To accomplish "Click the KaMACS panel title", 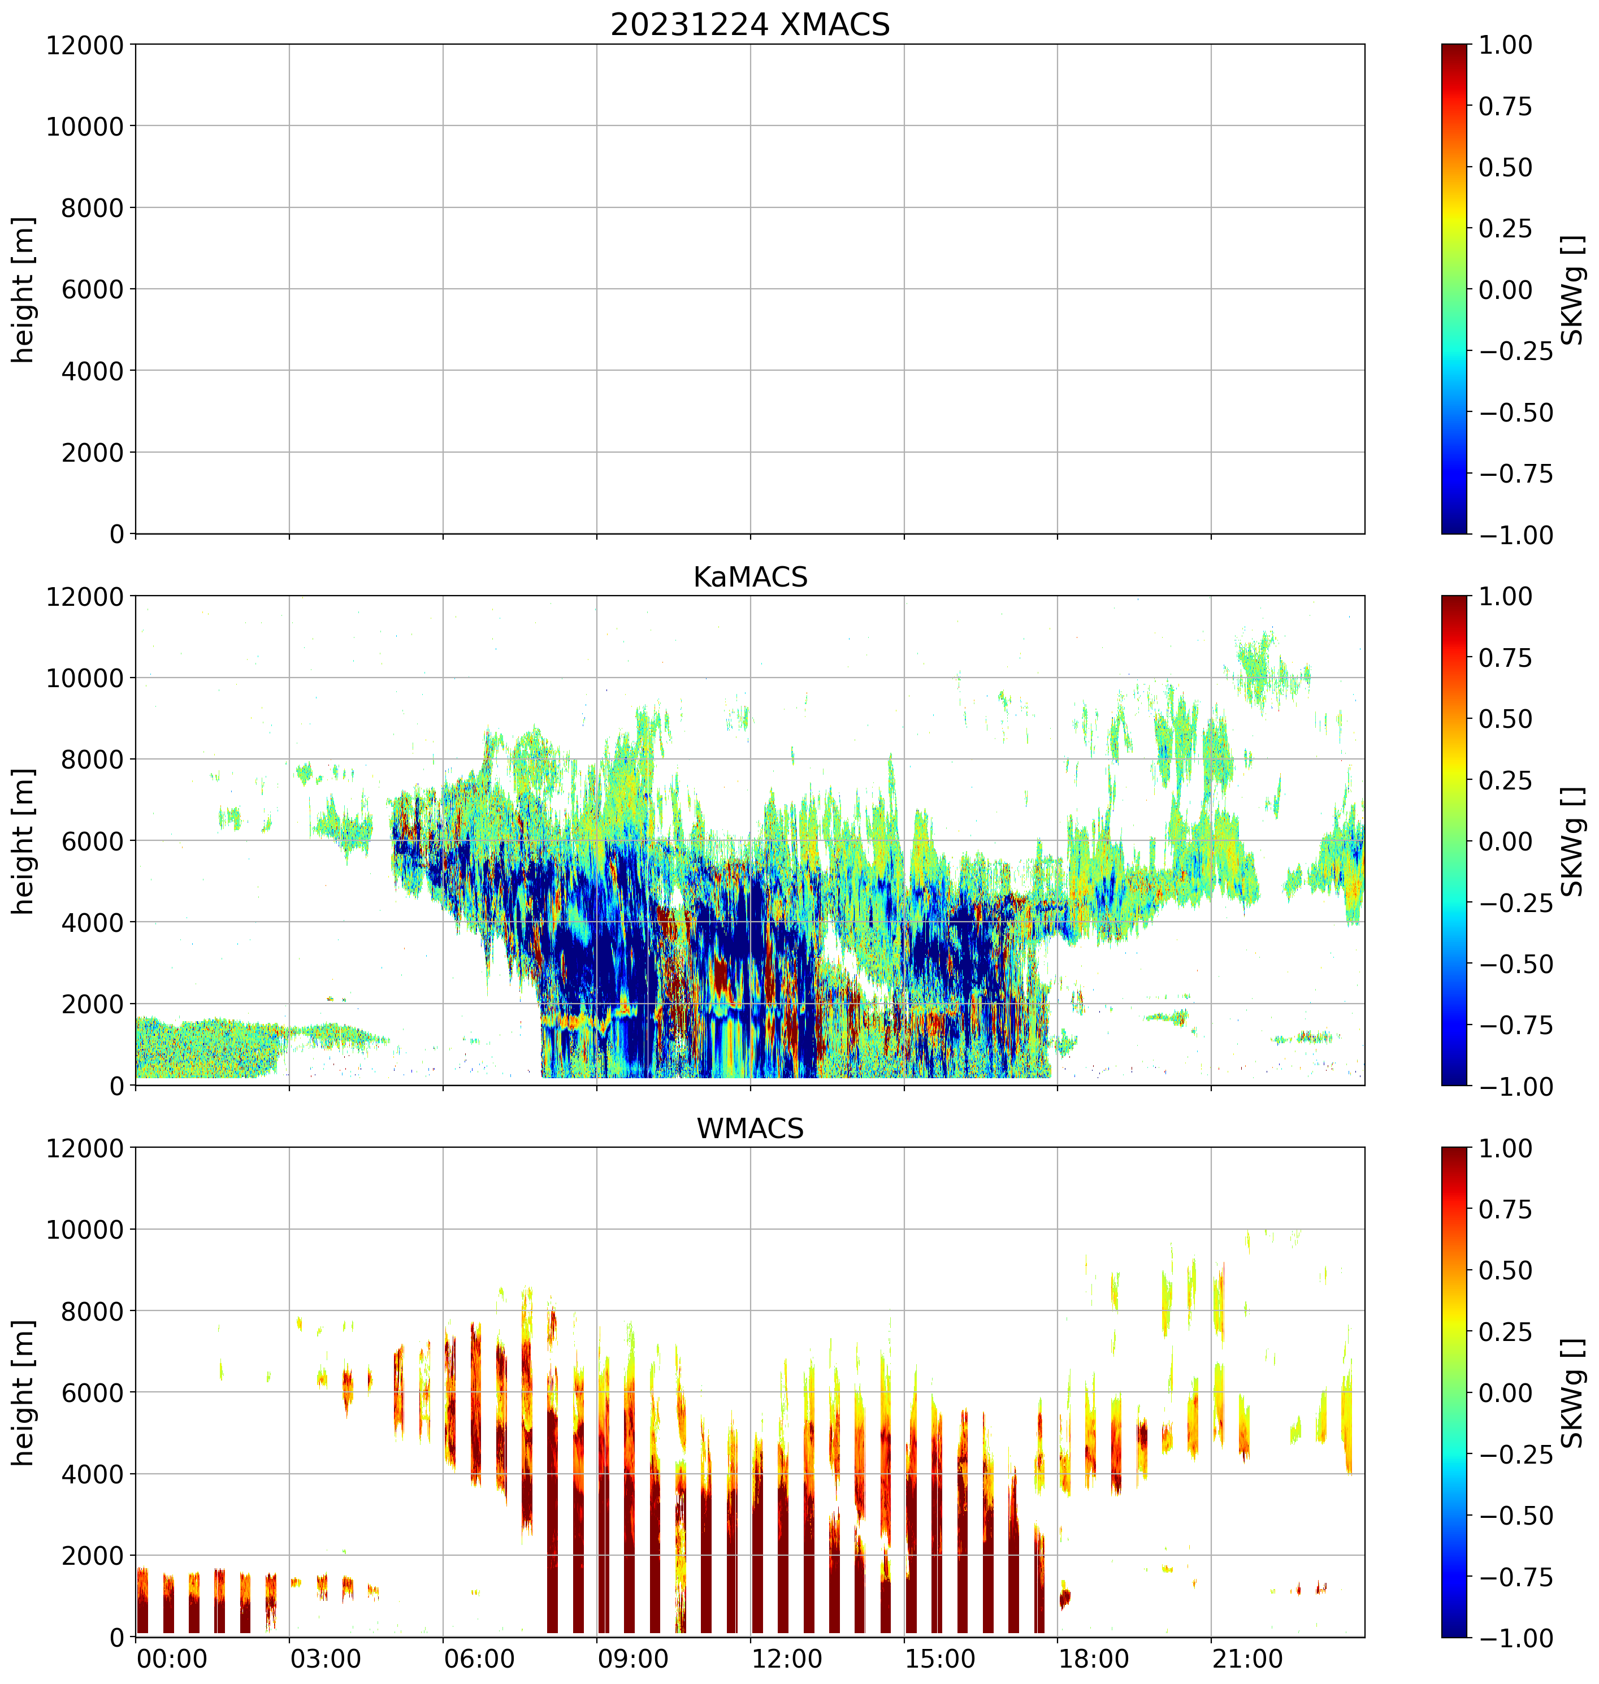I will [750, 577].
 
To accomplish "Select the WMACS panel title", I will [750, 1129].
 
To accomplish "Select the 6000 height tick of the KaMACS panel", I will [92, 840].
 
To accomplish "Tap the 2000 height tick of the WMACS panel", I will [92, 1555].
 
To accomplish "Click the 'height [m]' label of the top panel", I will [24, 290].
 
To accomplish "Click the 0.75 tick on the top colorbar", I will [1505, 107].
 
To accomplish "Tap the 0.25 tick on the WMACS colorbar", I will [1505, 1331].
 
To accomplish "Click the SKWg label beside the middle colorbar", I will [1572, 840].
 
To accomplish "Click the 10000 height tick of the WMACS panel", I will [84, 1229].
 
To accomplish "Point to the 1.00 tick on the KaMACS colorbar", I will [1505, 597].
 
